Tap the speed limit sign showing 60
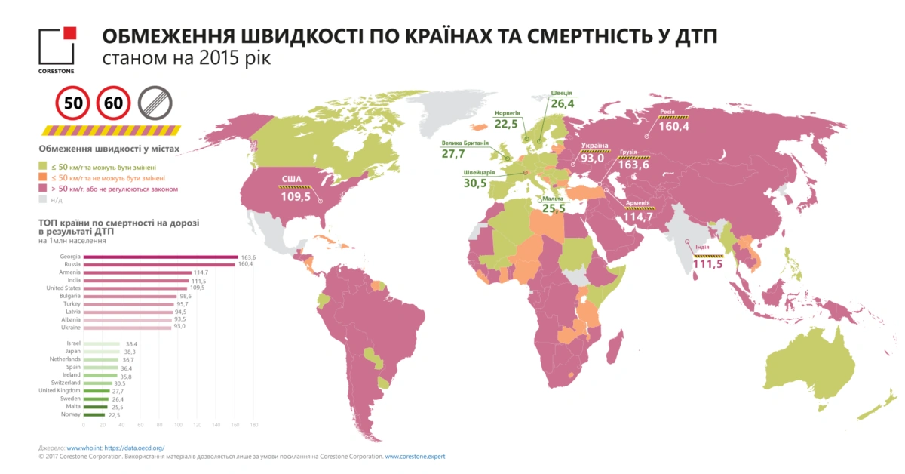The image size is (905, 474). coord(115,103)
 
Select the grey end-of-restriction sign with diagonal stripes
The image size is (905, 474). coord(155,103)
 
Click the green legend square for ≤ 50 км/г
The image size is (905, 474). coord(42,164)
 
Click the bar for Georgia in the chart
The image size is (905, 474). coord(160,257)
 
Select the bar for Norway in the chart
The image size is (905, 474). coord(94,414)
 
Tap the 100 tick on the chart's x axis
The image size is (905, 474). coord(179,426)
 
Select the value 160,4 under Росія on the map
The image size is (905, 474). coord(673,126)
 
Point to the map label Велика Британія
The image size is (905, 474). coord(465,142)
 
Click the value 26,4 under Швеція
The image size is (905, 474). coord(562,104)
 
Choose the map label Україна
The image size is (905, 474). coord(594,146)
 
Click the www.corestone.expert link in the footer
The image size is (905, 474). coord(414,457)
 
